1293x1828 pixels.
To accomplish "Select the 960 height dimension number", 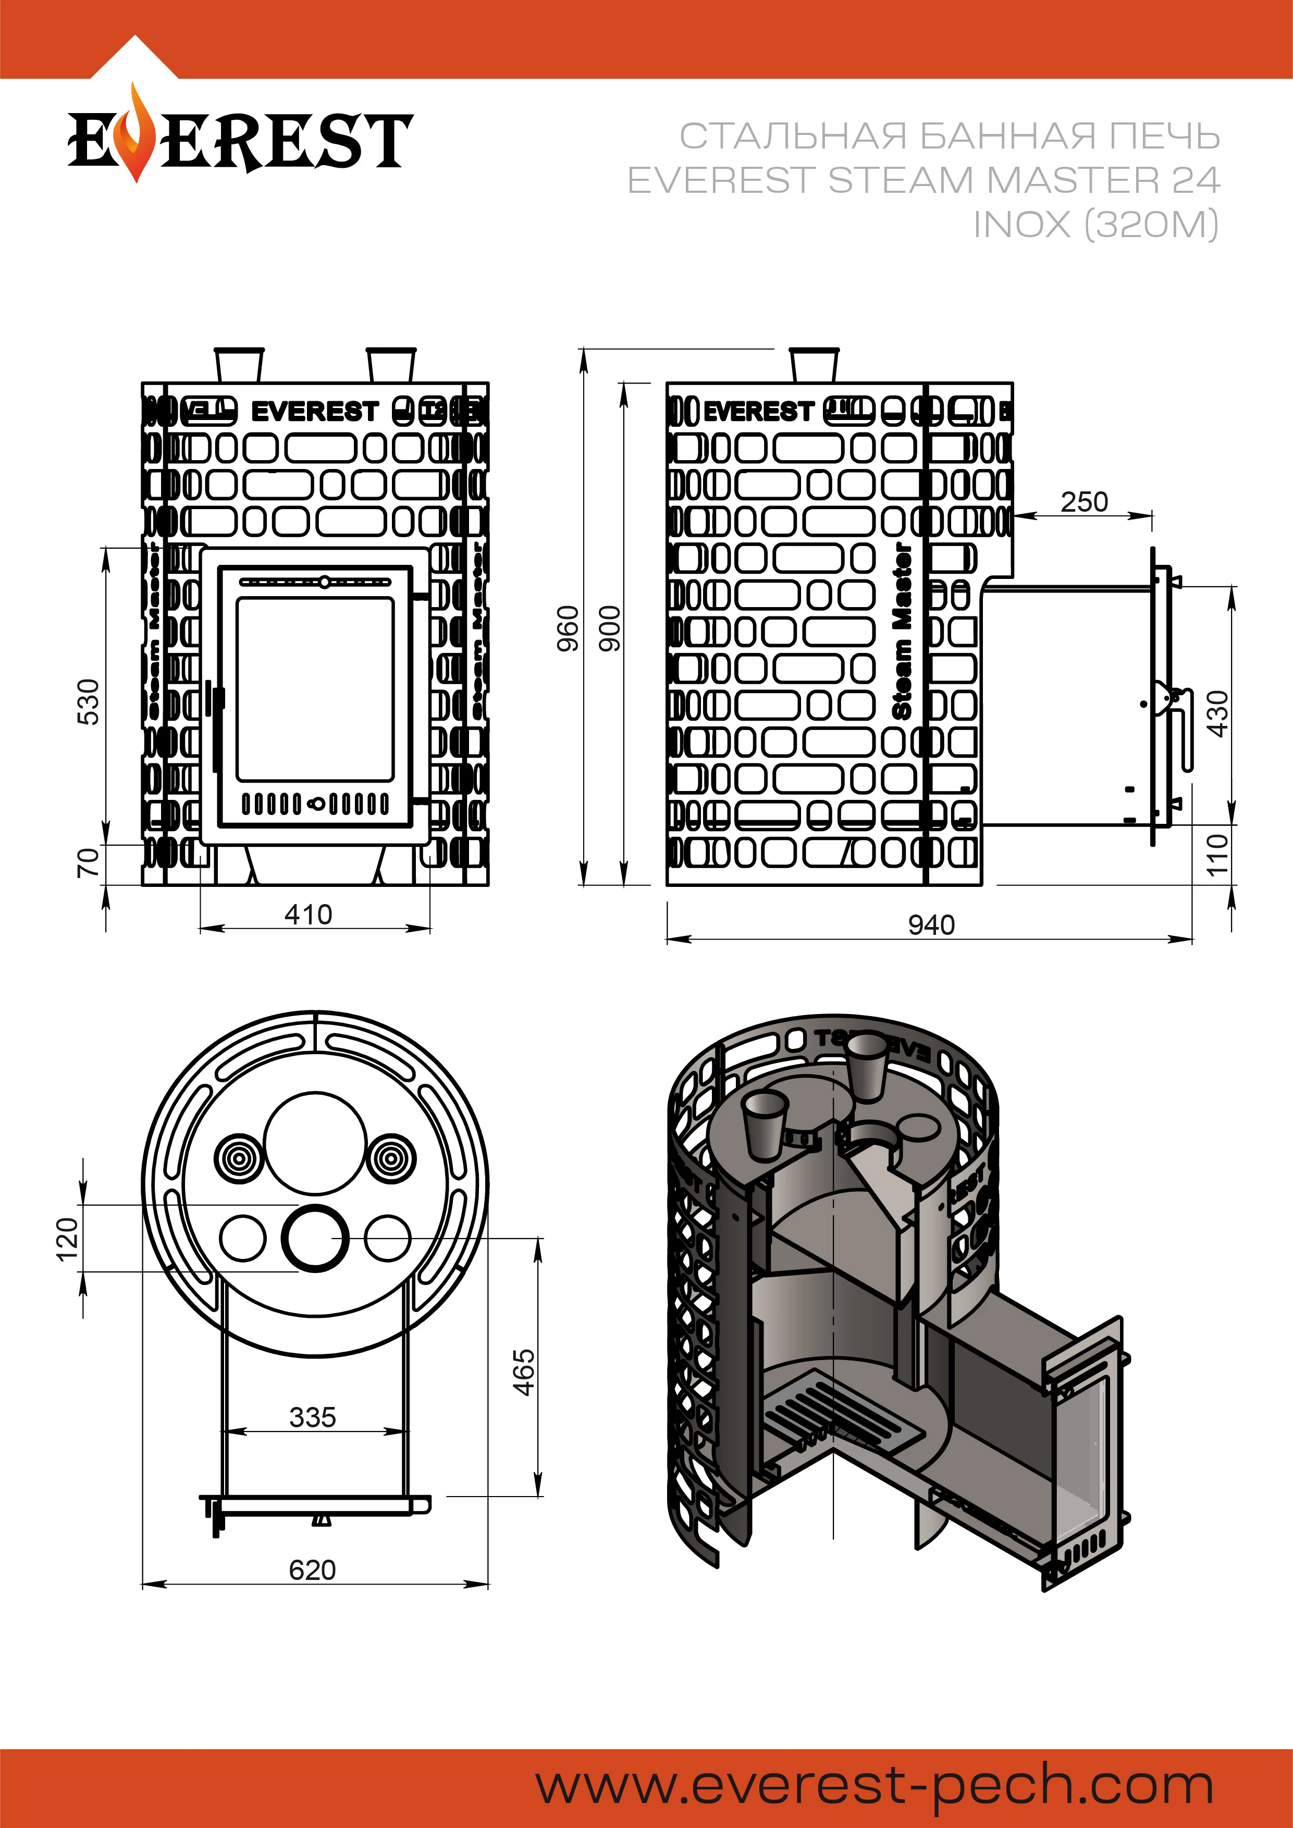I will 568,628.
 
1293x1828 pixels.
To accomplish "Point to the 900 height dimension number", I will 609,628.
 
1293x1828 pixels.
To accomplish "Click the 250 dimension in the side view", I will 1083,502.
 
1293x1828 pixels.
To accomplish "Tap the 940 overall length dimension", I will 931,925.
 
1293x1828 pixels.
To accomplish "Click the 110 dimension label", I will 1217,854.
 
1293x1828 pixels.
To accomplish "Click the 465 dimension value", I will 523,1372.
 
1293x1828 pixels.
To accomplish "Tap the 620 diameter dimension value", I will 312,1570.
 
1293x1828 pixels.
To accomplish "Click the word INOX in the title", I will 1021,225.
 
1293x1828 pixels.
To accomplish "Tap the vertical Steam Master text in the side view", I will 902,632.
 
